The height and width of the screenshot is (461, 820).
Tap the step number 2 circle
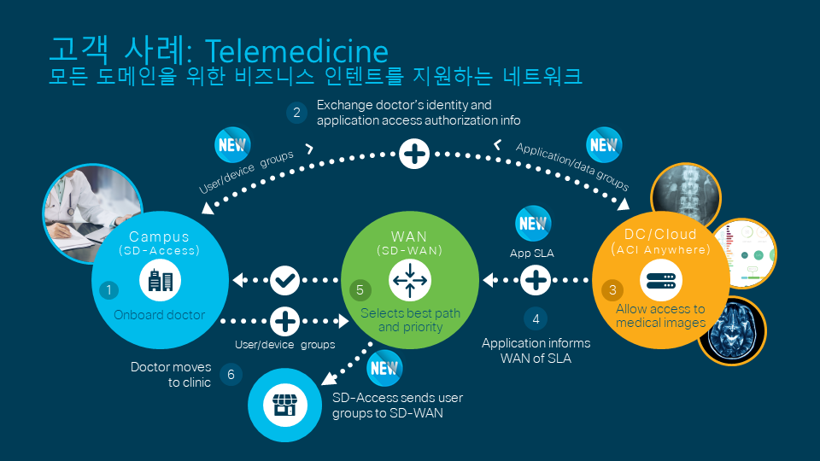296,112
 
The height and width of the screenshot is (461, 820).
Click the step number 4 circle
536,318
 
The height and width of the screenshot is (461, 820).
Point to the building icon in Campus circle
160,280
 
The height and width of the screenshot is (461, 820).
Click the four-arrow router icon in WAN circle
409,279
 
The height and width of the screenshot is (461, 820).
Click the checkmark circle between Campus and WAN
284,279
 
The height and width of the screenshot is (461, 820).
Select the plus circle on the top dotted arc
414,155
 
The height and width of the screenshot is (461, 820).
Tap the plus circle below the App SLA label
536,279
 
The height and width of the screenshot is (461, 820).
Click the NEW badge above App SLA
533,224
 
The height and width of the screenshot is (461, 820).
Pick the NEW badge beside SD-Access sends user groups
384,369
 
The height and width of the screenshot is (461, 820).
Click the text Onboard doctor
160,315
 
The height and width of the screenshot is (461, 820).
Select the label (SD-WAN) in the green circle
409,250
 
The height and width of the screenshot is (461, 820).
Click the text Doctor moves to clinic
171,375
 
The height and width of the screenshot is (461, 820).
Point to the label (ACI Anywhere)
659,249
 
